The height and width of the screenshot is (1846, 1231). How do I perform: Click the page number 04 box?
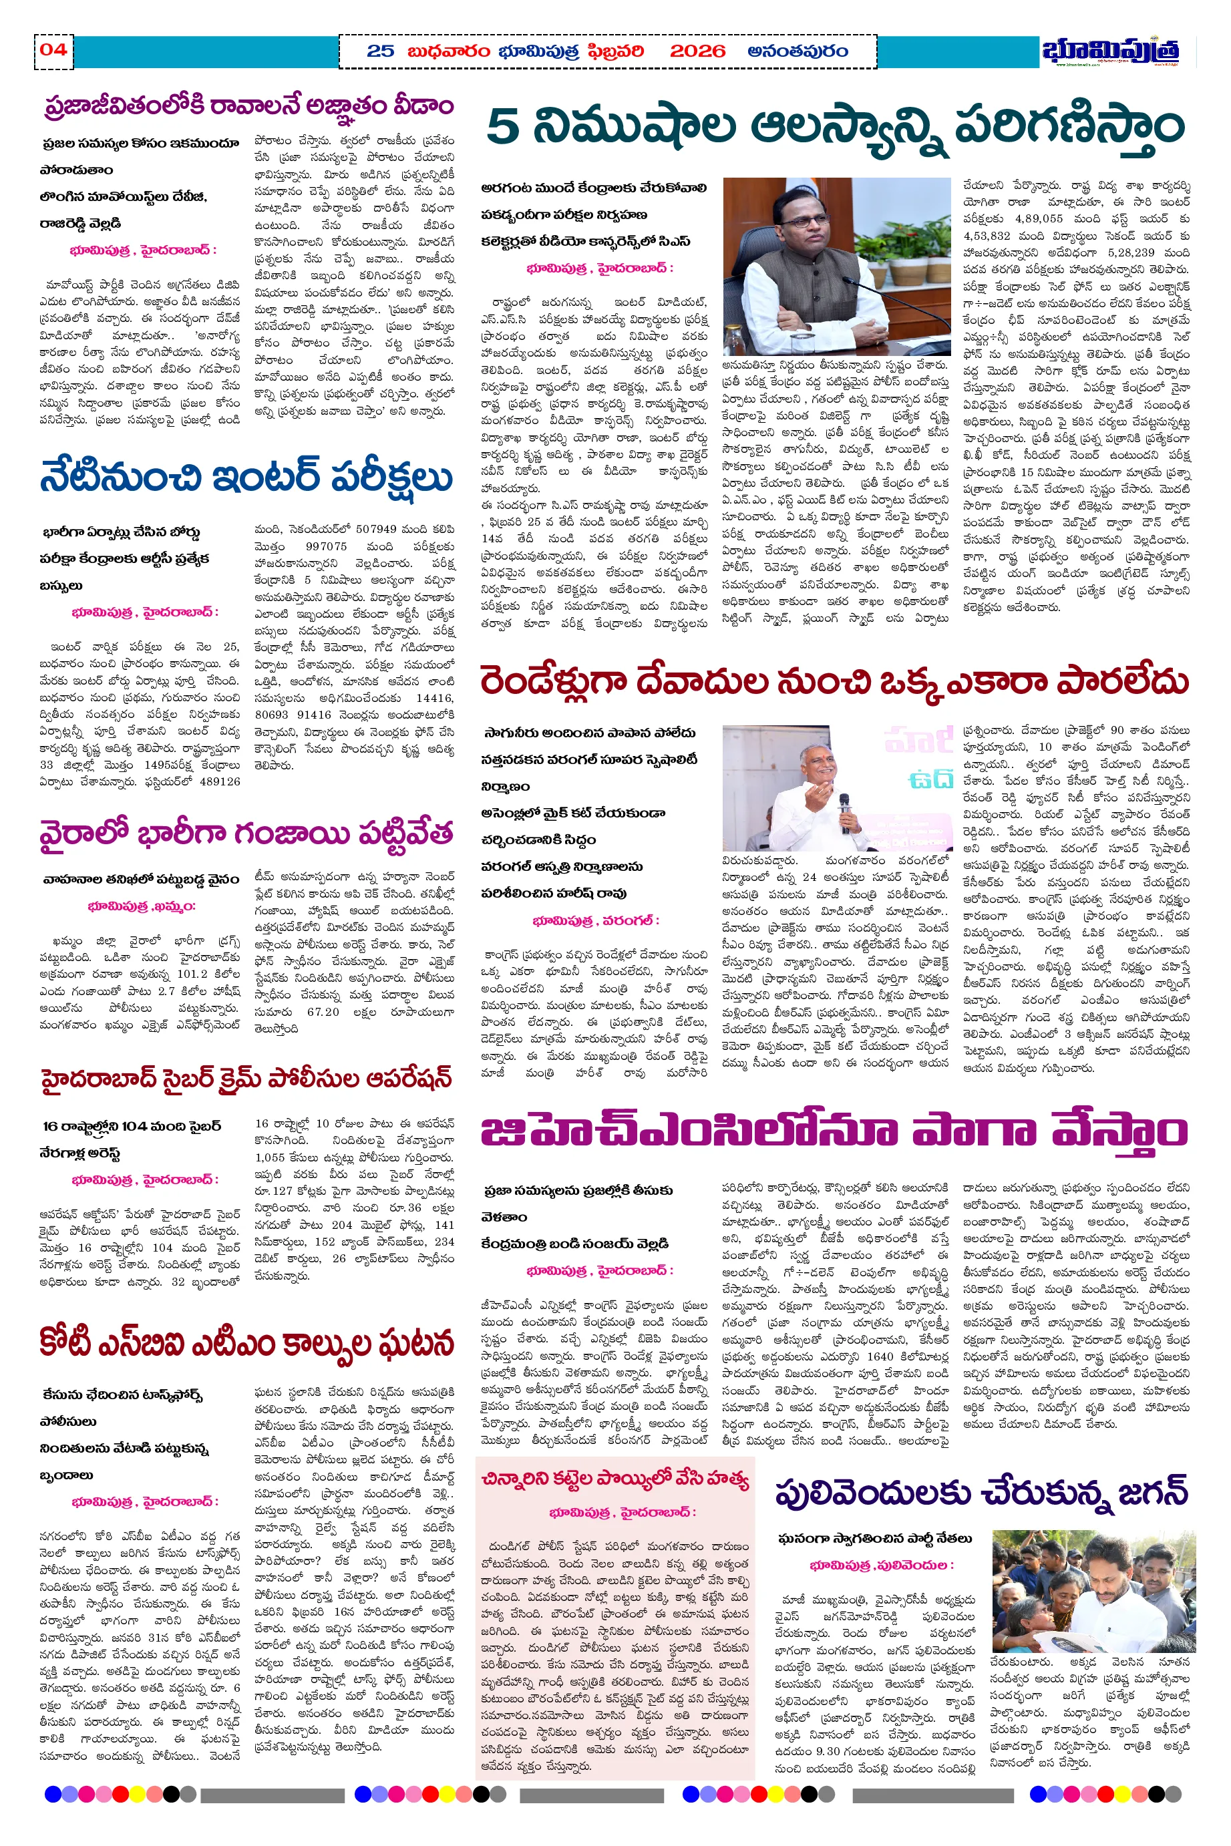[53, 50]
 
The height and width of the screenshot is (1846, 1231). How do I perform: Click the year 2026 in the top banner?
[697, 51]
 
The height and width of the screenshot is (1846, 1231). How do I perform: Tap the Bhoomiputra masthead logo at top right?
[1110, 51]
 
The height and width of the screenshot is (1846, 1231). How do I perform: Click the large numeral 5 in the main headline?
[503, 127]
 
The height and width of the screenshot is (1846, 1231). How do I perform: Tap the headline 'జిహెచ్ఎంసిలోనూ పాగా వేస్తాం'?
[834, 1132]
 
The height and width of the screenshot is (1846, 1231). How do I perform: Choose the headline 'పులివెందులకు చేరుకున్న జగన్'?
[981, 1493]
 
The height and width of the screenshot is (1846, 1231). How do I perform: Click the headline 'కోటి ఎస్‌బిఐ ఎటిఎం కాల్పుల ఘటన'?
[246, 1343]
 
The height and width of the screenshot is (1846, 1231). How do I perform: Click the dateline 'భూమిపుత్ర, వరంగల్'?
[596, 920]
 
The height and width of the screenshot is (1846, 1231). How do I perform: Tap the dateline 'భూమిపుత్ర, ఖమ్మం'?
[142, 906]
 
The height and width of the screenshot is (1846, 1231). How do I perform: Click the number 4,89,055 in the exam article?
[1038, 219]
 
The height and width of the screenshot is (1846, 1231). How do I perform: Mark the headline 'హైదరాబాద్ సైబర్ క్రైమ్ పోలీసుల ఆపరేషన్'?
[246, 1079]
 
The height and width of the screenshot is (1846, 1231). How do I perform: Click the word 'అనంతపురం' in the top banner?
[798, 51]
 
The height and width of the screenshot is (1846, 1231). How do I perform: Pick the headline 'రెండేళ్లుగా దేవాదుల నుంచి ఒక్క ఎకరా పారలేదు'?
[834, 682]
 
